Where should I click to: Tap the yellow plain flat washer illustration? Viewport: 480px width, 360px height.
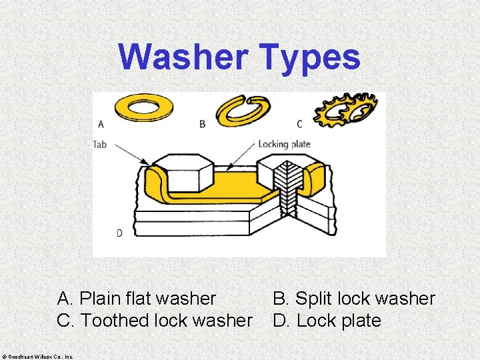click(143, 108)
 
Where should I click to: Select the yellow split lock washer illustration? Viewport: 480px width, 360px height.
click(239, 111)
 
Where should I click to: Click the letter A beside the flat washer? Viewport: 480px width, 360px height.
click(101, 123)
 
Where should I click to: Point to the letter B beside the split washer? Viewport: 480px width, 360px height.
click(202, 123)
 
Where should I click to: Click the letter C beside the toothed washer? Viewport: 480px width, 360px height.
click(299, 123)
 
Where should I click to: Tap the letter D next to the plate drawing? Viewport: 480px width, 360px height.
click(119, 233)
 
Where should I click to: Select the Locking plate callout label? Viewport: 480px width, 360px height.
click(284, 144)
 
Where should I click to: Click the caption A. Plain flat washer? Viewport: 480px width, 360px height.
click(137, 299)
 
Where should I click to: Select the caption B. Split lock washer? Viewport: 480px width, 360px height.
click(354, 299)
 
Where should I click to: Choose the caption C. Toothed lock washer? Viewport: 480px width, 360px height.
click(155, 321)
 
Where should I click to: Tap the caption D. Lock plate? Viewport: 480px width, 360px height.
click(327, 321)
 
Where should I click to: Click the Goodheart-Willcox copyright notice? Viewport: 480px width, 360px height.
click(38, 355)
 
